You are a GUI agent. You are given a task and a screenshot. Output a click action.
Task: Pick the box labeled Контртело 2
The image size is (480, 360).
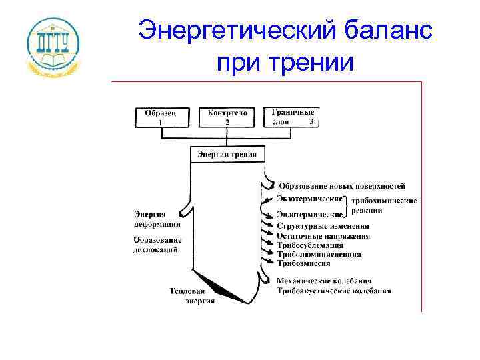(x=227, y=117)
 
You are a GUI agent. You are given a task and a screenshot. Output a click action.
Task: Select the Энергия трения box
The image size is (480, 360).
(x=227, y=154)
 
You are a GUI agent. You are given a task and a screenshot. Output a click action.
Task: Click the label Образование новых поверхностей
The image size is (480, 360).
(x=341, y=186)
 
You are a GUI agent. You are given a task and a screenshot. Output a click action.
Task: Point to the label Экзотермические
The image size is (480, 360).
(x=310, y=199)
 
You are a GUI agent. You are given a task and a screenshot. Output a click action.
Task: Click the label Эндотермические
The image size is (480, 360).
(x=310, y=215)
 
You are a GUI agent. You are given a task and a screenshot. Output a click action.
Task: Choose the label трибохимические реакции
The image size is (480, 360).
(x=383, y=205)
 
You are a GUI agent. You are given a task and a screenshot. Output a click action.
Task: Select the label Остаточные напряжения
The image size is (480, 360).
(x=323, y=236)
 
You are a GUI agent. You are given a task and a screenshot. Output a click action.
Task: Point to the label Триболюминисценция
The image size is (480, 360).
(x=319, y=254)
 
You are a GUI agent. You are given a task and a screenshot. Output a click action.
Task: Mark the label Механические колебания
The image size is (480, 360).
(x=324, y=281)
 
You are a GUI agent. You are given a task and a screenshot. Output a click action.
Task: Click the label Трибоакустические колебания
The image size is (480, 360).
(x=333, y=291)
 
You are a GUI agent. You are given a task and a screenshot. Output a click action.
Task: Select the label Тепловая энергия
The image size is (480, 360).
(x=193, y=296)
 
